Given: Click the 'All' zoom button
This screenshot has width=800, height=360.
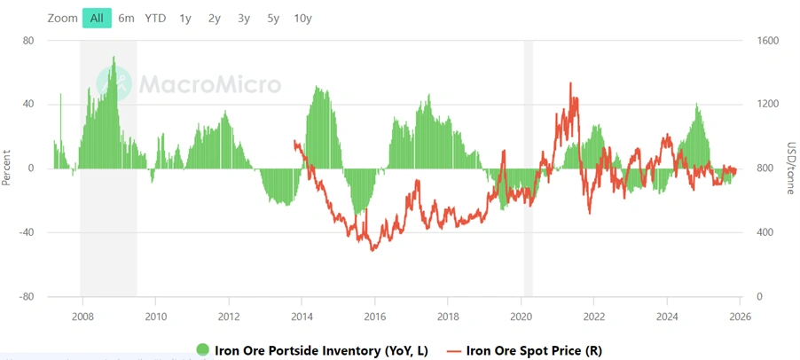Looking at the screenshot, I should [97, 18].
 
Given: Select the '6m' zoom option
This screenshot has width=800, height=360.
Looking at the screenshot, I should [126, 18].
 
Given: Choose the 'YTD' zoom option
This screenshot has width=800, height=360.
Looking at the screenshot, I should [155, 18].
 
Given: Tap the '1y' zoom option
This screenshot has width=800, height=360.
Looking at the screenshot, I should [184, 18].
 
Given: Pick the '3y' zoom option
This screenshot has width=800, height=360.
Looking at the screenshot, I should [244, 18].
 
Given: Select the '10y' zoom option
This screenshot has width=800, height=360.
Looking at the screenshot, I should [302, 18].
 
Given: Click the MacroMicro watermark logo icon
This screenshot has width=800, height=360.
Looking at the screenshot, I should [122, 84].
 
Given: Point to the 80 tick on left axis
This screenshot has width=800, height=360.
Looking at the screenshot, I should [28, 41].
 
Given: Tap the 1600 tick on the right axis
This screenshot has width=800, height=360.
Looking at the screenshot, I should [768, 41].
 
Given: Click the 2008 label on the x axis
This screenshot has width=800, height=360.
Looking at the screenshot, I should [82, 315].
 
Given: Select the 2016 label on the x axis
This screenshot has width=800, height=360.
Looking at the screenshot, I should [375, 315].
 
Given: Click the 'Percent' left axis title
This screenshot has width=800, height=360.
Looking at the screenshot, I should [7, 168].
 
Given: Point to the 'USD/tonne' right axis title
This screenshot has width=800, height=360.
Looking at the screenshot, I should [791, 168].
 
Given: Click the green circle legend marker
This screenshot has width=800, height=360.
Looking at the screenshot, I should [203, 350].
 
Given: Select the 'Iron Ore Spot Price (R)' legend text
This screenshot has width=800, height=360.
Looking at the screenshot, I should [533, 350].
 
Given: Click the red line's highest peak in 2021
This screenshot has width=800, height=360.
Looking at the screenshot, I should [570, 83].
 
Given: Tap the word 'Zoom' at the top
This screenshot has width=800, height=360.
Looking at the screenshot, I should [63, 18].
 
